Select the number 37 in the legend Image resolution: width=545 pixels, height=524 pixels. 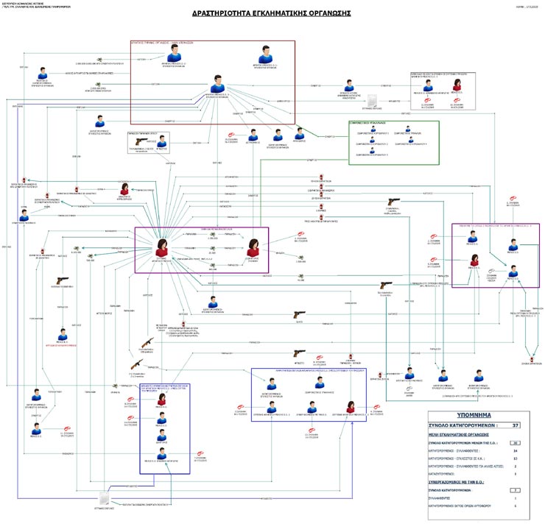point(516,425)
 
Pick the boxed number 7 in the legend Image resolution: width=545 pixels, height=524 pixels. point(516,489)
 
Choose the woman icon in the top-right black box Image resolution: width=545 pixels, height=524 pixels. point(457,86)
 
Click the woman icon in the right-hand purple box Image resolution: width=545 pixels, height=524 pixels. point(477,259)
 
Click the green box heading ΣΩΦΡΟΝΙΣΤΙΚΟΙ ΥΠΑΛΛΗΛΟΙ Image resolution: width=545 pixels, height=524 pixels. point(379,124)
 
